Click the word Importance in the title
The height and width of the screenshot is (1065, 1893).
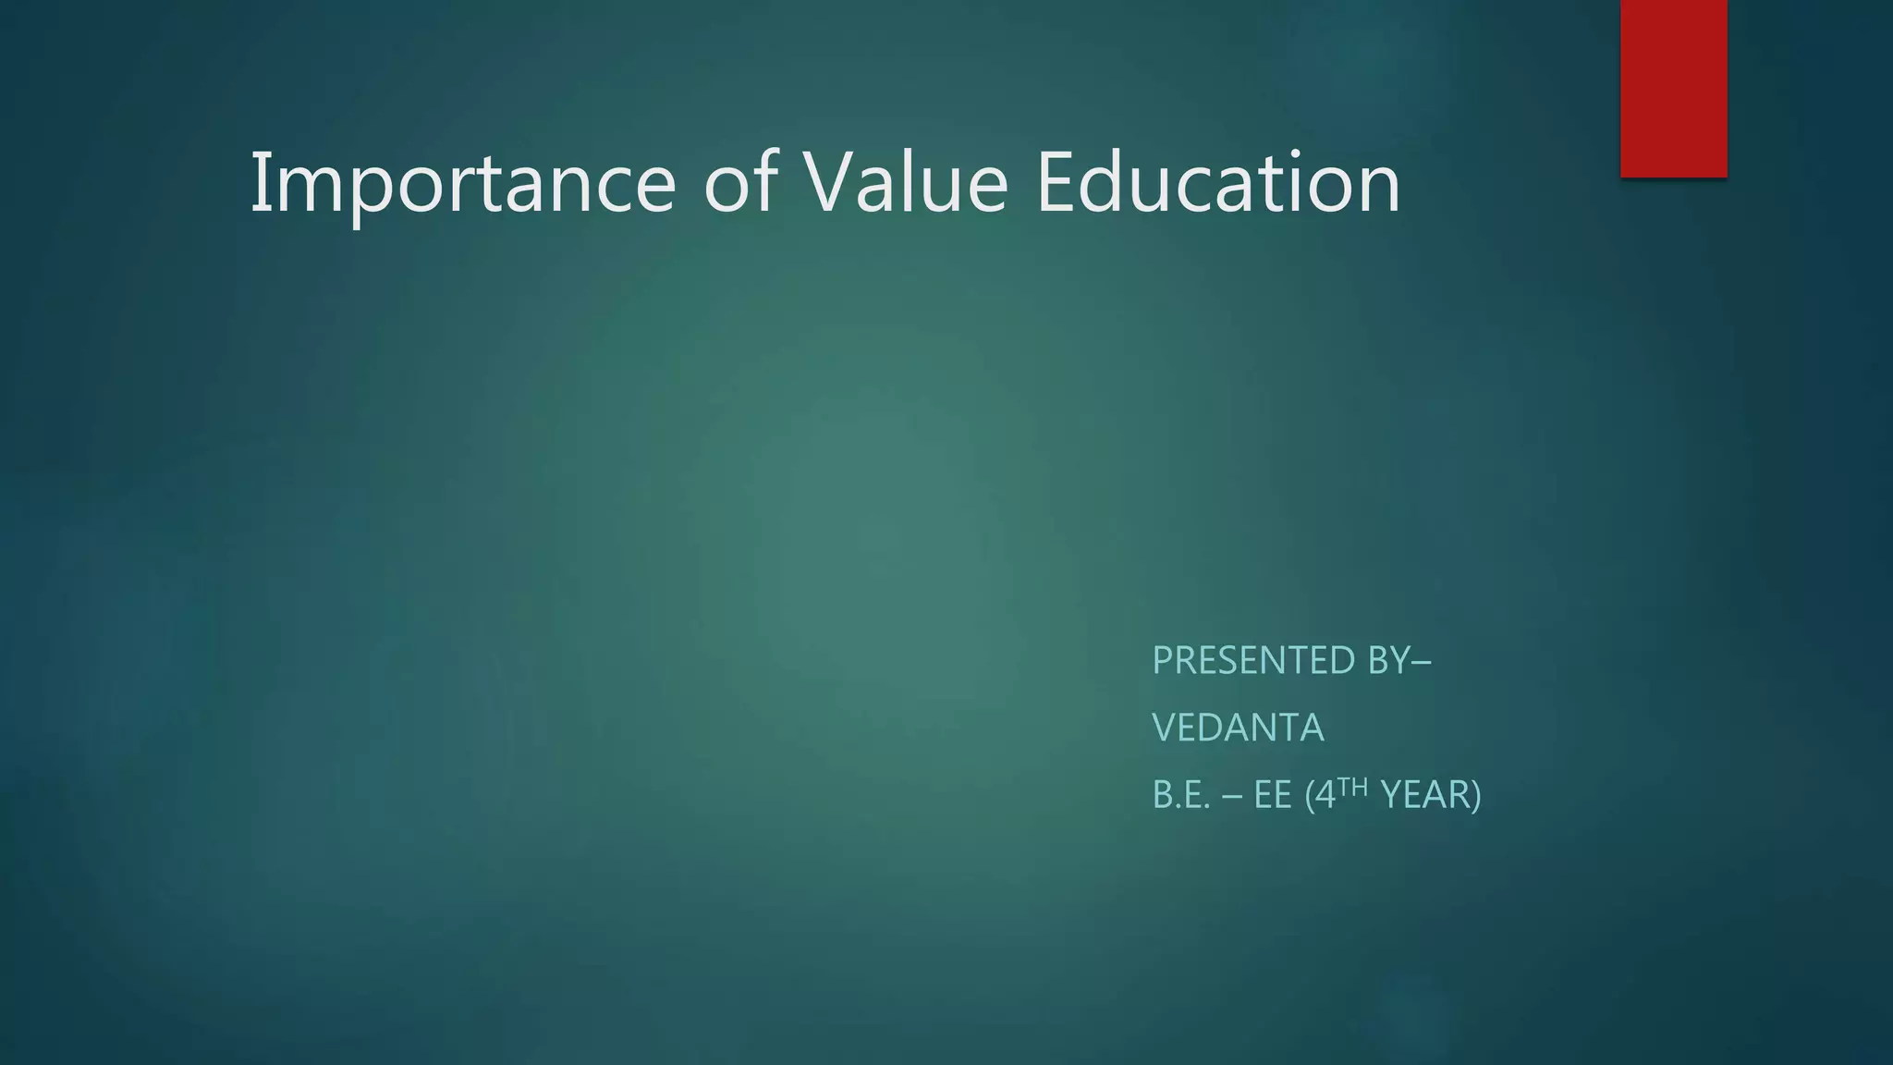tap(463, 184)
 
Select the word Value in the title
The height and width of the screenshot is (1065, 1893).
tap(906, 182)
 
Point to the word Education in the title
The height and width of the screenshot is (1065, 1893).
tap(1218, 182)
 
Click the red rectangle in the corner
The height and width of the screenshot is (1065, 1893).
tap(1673, 88)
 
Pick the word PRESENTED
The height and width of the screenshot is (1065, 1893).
tap(1253, 660)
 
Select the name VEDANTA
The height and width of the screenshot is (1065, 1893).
tap(1238, 728)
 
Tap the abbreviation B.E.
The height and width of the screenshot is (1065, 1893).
tap(1181, 795)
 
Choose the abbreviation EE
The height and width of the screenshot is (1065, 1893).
tap(1273, 795)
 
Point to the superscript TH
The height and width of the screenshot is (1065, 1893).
tap(1352, 787)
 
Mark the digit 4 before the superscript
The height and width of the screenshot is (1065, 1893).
tap(1325, 795)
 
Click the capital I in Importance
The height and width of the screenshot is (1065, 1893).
tap(257, 182)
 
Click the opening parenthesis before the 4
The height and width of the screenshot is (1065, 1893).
tap(1309, 796)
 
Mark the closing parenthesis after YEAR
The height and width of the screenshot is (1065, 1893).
tap(1476, 796)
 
